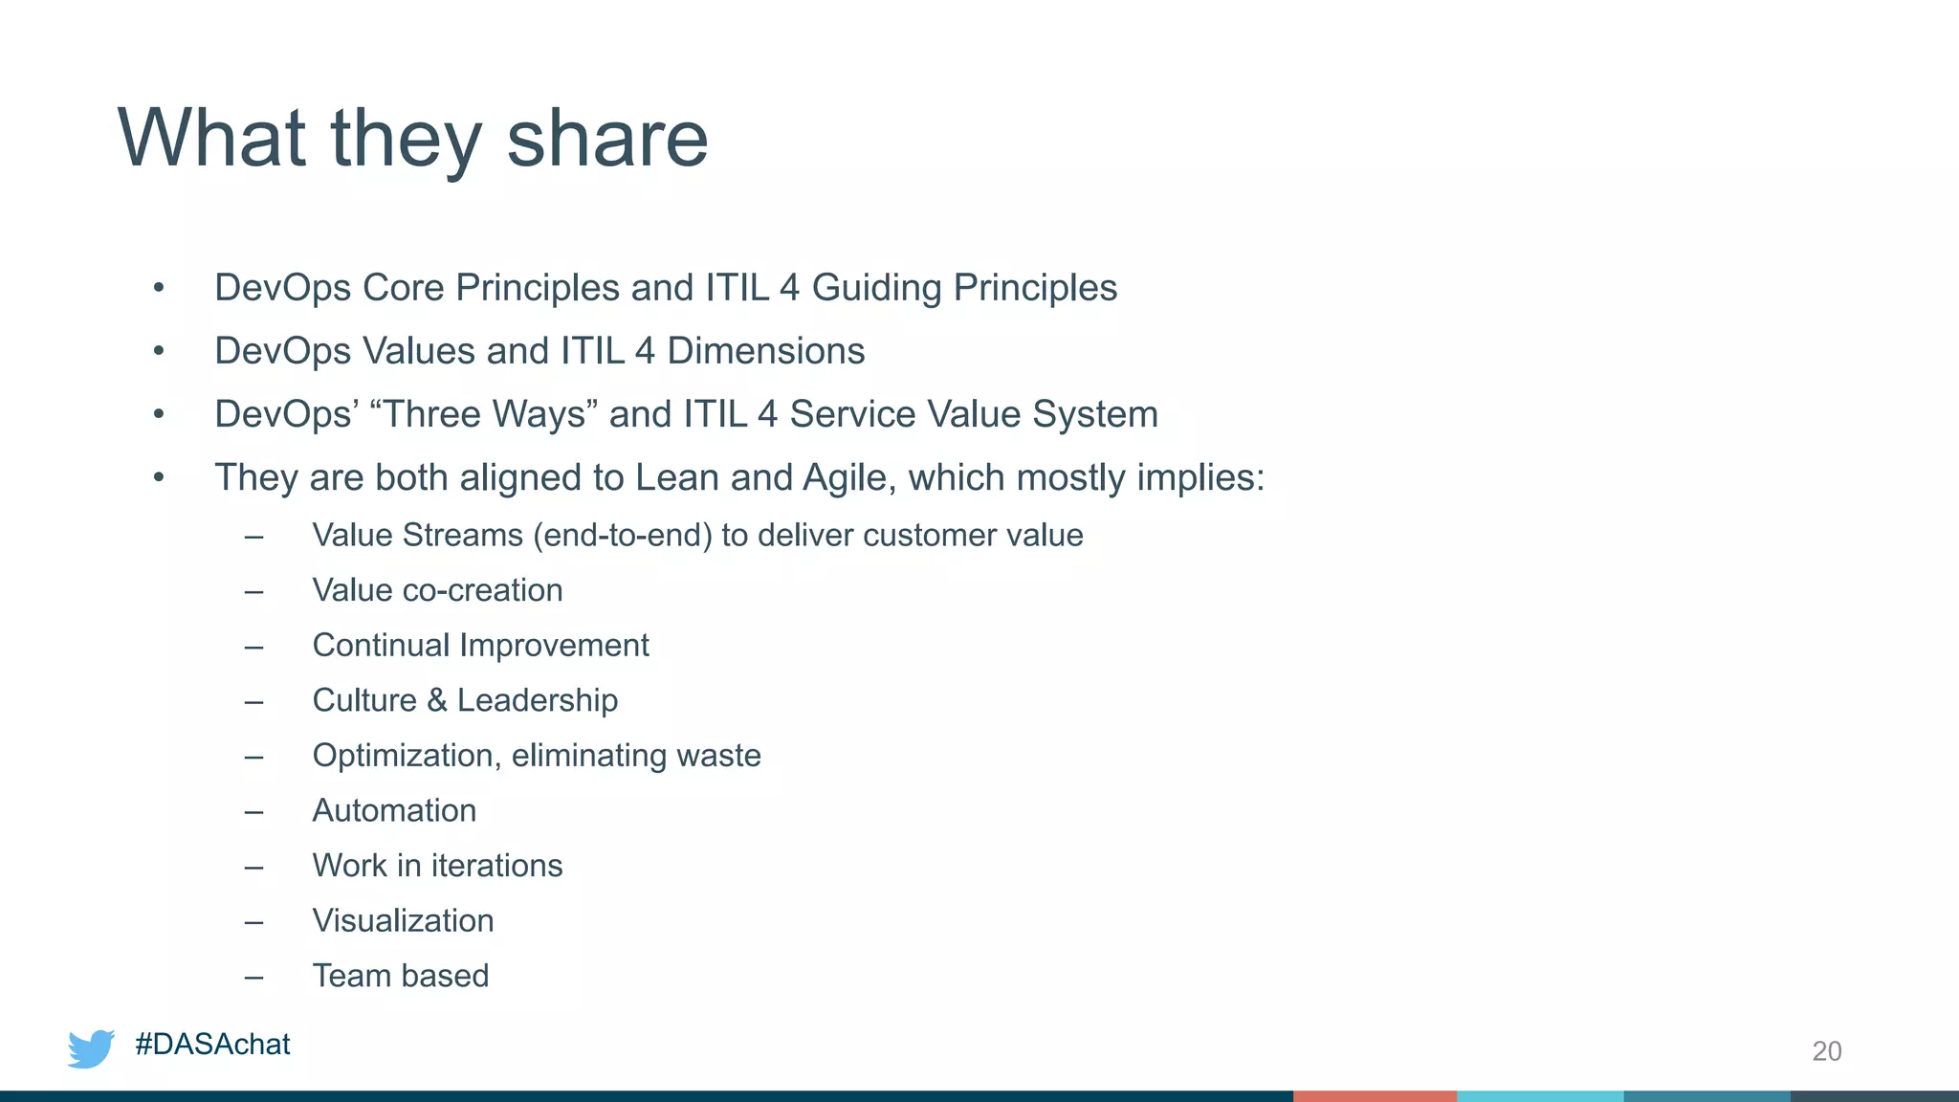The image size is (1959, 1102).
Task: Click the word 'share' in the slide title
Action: point(606,140)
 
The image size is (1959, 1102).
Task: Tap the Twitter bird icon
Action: point(91,1048)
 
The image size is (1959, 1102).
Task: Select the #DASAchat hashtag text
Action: point(212,1045)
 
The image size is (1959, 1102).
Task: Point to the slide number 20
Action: point(1826,1051)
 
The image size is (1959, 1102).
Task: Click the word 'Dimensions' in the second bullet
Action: point(765,351)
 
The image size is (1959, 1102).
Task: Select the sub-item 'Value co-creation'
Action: point(437,590)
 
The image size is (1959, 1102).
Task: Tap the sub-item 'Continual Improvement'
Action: point(480,646)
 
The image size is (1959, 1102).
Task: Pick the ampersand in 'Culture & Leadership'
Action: point(437,700)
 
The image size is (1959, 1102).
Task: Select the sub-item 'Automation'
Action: point(394,811)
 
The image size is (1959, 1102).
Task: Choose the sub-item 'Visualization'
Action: point(403,921)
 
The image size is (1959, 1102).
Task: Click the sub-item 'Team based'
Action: point(401,976)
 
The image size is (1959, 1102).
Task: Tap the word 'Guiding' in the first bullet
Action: point(876,288)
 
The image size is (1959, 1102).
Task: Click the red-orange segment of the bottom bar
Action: point(1375,1095)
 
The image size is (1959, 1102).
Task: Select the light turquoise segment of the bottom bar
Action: point(1540,1095)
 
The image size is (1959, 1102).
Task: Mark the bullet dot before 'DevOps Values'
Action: point(159,351)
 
